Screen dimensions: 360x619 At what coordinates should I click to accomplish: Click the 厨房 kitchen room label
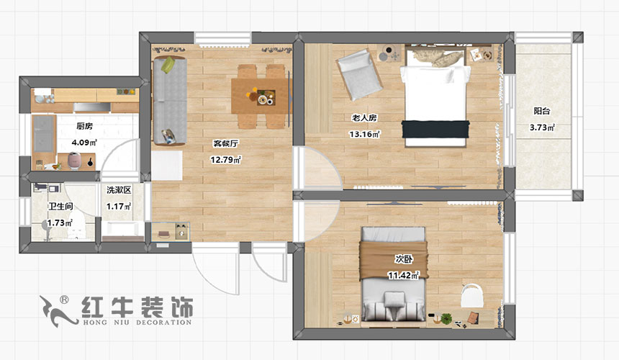(x=85, y=126)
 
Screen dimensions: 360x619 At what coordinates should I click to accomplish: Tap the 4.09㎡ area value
(x=84, y=143)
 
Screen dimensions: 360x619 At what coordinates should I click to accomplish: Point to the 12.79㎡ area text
(x=226, y=160)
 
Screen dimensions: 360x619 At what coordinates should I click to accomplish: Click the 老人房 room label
(x=363, y=117)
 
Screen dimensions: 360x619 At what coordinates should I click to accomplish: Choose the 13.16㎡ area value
(x=364, y=134)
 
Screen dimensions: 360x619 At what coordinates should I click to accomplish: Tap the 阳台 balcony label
(x=542, y=112)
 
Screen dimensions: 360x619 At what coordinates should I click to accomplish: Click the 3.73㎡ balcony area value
(x=543, y=128)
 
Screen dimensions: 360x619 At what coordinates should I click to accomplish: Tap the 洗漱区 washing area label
(x=119, y=191)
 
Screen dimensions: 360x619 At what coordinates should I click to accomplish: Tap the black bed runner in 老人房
(x=432, y=128)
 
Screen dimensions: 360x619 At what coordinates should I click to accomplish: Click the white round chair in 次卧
(x=471, y=296)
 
